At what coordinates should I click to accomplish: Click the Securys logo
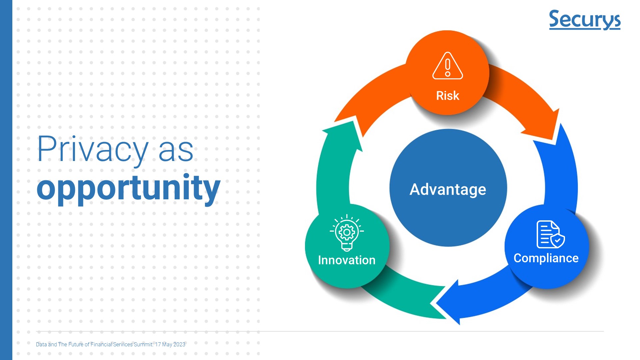pyautogui.click(x=585, y=20)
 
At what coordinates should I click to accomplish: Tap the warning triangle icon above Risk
pyautogui.click(x=448, y=66)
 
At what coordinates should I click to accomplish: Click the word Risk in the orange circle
pyautogui.click(x=448, y=96)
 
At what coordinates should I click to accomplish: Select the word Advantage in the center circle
pyautogui.click(x=448, y=190)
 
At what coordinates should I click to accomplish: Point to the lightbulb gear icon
pyautogui.click(x=347, y=233)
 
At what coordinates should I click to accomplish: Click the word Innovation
pyautogui.click(x=347, y=260)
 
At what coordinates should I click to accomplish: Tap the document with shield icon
pyautogui.click(x=551, y=234)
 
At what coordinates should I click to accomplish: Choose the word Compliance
pyautogui.click(x=546, y=258)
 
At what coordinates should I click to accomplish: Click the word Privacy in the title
pyautogui.click(x=93, y=149)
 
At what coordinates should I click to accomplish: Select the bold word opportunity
pyautogui.click(x=129, y=188)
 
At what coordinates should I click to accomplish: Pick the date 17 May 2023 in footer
pyautogui.click(x=170, y=344)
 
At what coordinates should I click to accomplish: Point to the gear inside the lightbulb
pyautogui.click(x=347, y=232)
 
